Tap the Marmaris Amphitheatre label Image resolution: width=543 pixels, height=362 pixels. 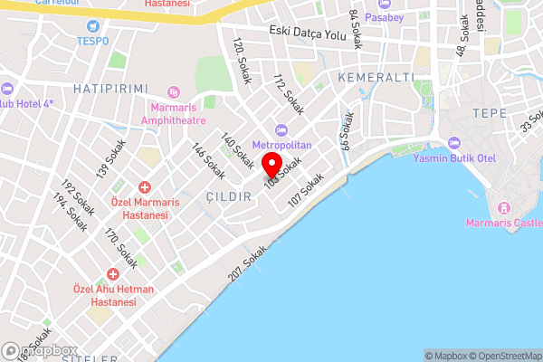pos(173,113)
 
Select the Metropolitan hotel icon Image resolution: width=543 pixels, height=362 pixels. pos(281,129)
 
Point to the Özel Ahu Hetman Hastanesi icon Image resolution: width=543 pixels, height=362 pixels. pos(113,273)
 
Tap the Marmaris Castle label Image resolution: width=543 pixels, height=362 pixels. pos(503,223)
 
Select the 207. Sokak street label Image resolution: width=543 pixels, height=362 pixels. pos(249,268)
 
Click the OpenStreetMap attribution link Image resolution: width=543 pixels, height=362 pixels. pos(500,356)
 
